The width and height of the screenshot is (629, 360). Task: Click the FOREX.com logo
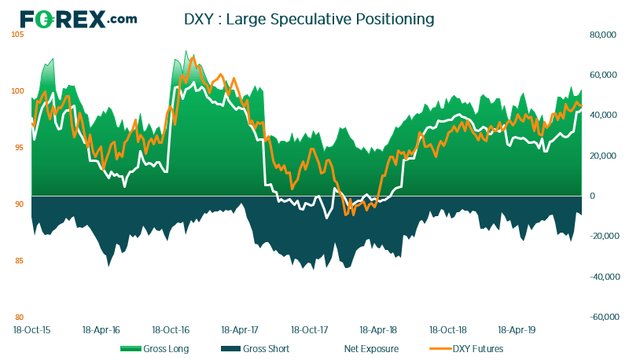tap(79, 19)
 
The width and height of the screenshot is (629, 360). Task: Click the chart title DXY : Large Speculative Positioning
tap(309, 19)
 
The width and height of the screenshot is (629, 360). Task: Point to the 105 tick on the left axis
tap(17, 35)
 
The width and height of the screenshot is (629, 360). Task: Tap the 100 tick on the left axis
tap(17, 91)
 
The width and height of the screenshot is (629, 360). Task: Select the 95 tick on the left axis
tap(19, 148)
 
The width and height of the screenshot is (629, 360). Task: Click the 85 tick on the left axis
tap(19, 261)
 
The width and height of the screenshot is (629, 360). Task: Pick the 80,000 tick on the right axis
tap(603, 35)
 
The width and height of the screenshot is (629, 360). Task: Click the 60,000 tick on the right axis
tap(603, 75)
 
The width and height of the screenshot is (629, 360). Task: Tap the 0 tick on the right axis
tap(592, 196)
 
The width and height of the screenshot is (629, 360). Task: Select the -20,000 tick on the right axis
tap(605, 236)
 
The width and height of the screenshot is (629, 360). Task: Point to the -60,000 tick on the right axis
tap(605, 317)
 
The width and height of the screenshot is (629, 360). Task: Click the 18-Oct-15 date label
tap(32, 330)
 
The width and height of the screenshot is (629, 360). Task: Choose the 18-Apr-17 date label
tap(240, 330)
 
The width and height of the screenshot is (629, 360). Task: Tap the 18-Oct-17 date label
tap(309, 330)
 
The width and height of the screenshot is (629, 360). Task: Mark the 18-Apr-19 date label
tap(517, 330)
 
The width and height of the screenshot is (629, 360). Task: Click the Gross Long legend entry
tap(154, 349)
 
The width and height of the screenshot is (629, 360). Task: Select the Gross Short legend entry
tap(255, 349)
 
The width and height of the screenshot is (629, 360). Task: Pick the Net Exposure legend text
tap(371, 349)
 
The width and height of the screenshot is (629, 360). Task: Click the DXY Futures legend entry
tap(466, 349)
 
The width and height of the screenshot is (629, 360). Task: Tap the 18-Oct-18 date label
tap(448, 330)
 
